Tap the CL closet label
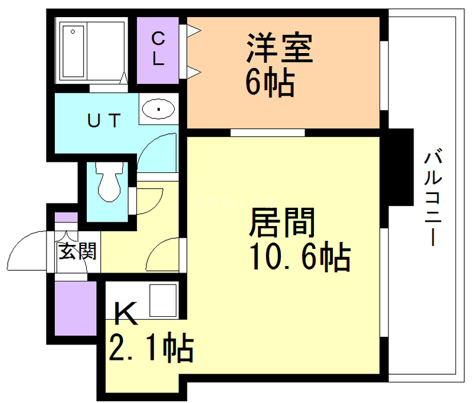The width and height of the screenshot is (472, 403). tap(158, 49)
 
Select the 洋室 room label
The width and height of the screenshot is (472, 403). tap(278, 49)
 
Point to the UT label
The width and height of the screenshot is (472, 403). tap(104, 121)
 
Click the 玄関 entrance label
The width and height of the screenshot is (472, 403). tap(77, 252)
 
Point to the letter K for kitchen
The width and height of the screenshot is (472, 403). tap(125, 314)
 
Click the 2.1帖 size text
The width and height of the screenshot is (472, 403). tap(150, 348)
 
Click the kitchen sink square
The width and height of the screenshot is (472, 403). tap(163, 300)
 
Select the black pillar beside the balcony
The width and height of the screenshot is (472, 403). tap(399, 167)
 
